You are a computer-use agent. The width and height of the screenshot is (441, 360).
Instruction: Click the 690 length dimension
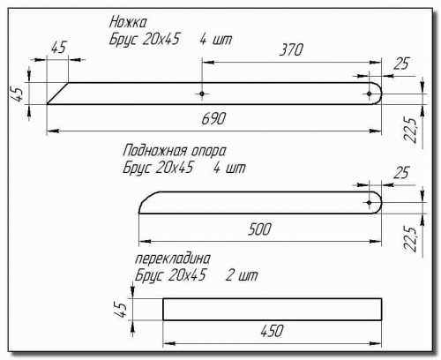[213, 118]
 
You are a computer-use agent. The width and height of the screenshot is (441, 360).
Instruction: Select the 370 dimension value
[291, 49]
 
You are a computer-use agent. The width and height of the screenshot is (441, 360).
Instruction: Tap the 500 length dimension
[259, 229]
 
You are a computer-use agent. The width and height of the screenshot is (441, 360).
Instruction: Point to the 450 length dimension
[272, 331]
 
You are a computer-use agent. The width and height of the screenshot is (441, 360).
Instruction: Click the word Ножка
[128, 22]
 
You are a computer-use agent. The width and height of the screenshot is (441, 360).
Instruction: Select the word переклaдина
[173, 259]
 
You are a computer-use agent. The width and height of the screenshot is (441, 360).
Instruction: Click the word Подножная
[155, 151]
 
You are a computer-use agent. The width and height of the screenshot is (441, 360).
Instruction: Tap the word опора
[208, 151]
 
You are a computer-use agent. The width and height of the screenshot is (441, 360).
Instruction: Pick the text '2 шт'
[242, 275]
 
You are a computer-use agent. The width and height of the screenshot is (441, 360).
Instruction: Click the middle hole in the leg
[202, 94]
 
